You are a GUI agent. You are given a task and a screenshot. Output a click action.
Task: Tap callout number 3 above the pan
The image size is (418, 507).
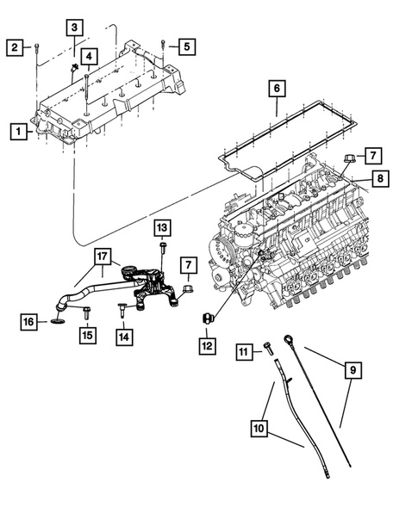[x=78, y=28]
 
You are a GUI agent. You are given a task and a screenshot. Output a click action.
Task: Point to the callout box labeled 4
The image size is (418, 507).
[x=90, y=56]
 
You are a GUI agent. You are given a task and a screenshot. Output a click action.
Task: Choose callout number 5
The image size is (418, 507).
[x=189, y=46]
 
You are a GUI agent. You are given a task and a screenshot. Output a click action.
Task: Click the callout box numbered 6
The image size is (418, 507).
[x=276, y=88]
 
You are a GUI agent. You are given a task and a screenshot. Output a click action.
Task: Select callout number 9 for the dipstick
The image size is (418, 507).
[x=352, y=371]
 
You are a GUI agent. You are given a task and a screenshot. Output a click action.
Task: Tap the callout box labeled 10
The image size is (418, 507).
[x=259, y=424]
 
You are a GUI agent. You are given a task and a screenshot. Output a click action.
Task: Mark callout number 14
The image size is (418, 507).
[x=125, y=336]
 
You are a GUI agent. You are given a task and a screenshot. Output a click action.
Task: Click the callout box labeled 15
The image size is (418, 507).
[x=86, y=335]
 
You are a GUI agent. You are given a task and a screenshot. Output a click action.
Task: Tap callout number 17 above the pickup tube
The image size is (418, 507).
[x=103, y=256]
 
